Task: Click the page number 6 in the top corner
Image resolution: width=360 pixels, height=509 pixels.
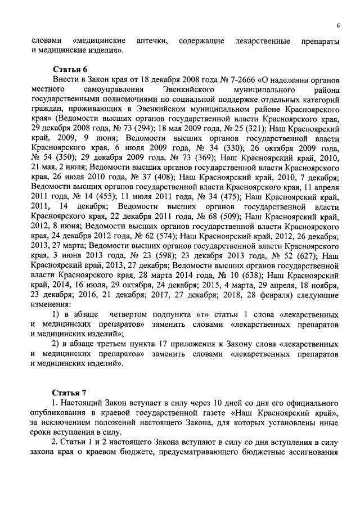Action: (x=338, y=25)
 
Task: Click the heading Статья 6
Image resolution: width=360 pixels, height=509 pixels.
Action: (x=70, y=70)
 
